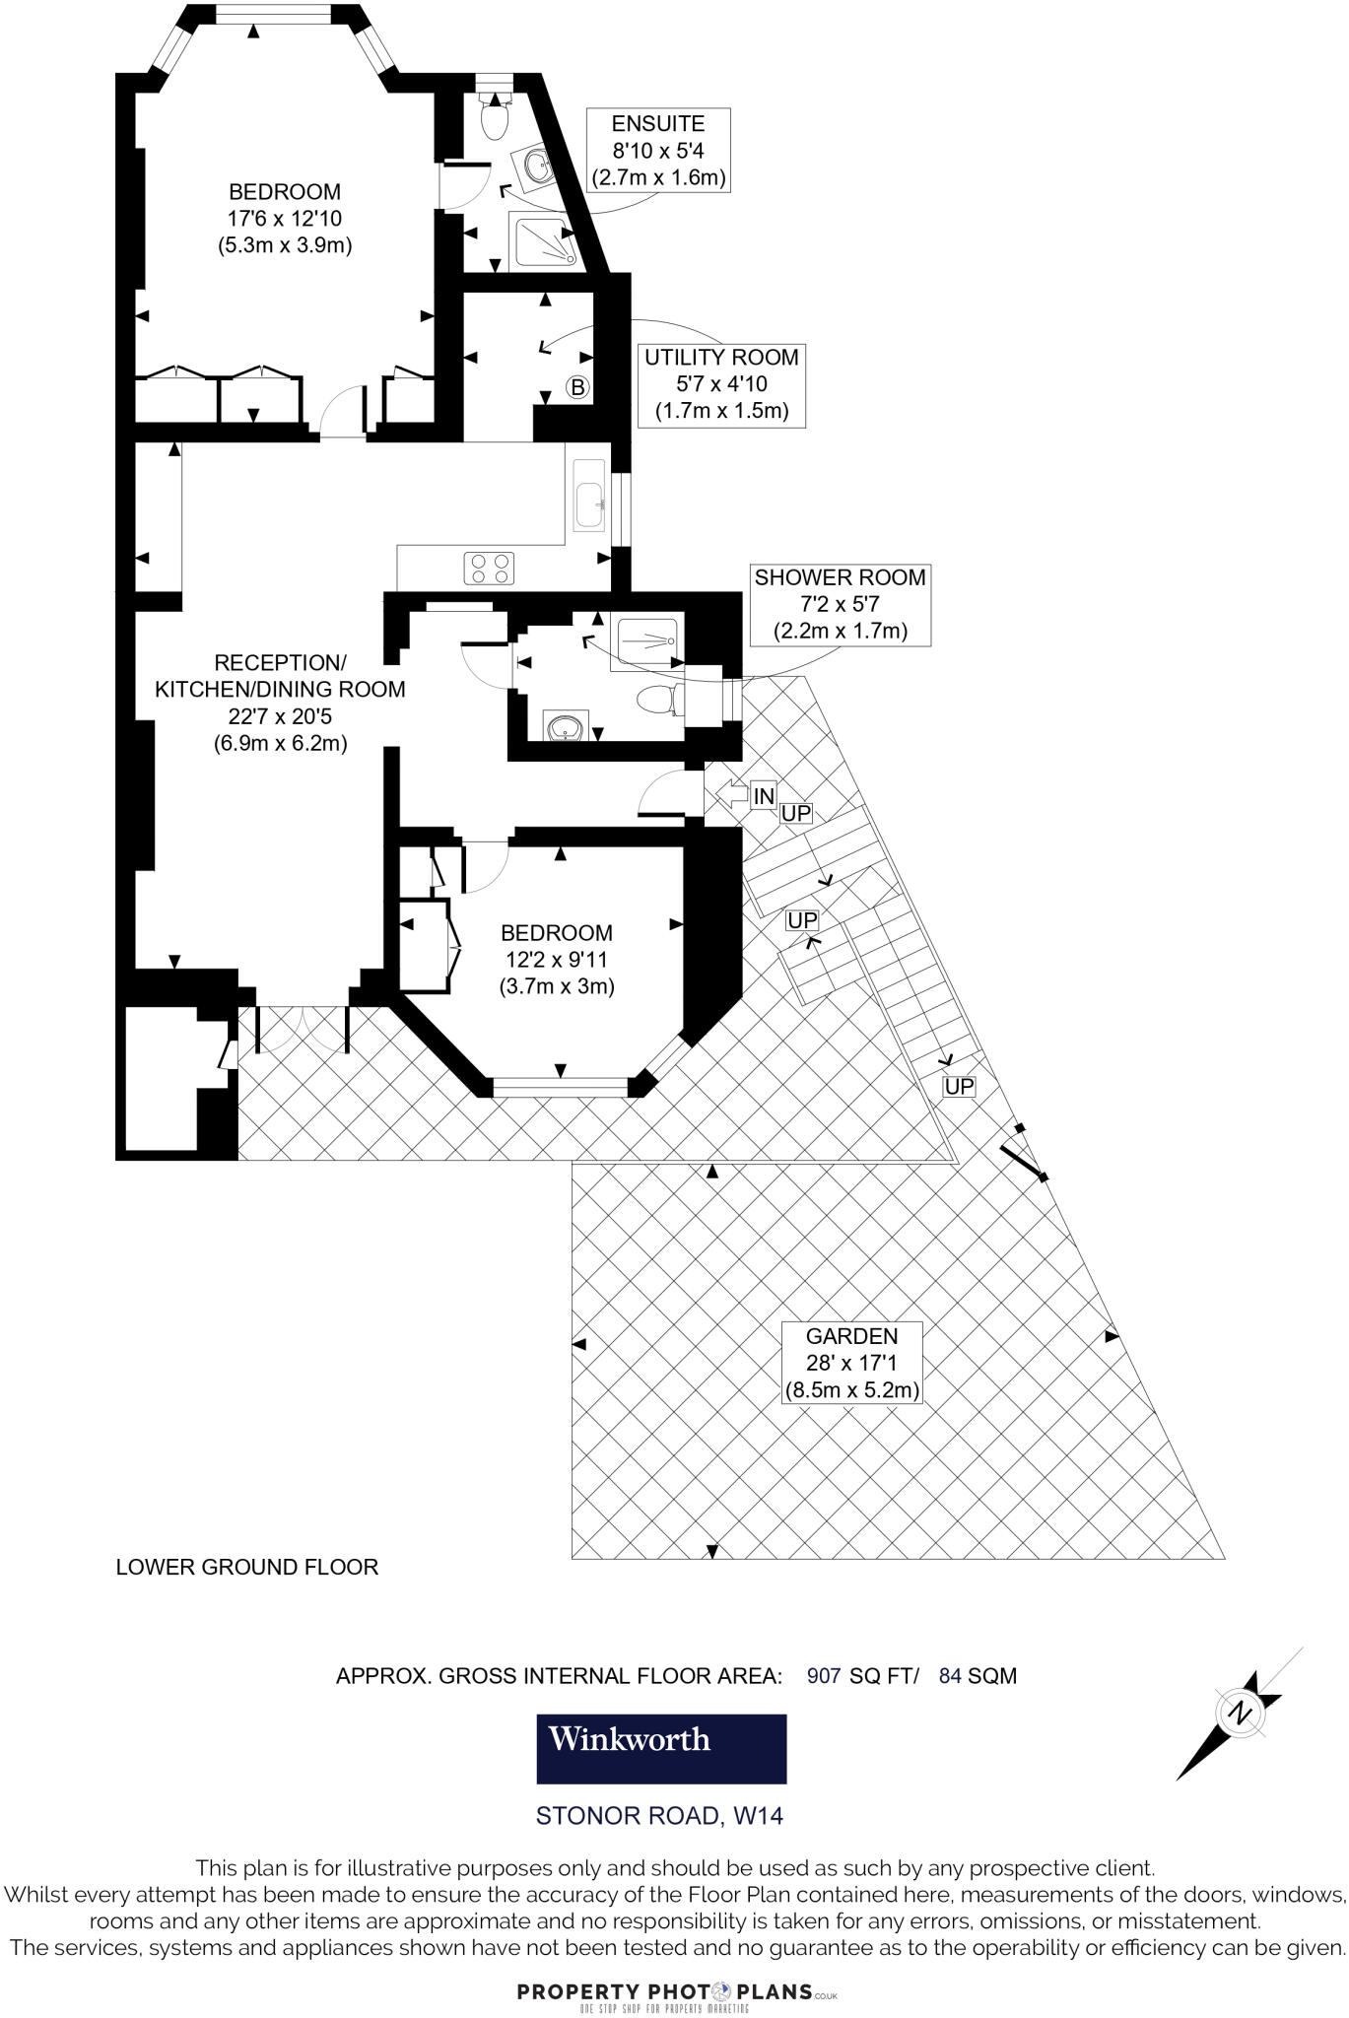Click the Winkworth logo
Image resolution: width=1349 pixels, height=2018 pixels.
tap(660, 1748)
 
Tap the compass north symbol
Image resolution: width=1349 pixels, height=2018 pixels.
tap(1240, 1714)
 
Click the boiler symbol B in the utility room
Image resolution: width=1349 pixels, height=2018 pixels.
tap(578, 387)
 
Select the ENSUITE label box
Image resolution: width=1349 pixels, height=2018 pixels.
tap(658, 151)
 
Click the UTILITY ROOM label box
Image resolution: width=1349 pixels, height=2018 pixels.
tap(720, 384)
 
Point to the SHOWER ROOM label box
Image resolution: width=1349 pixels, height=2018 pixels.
tap(840, 604)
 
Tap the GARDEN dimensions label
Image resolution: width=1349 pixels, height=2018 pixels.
tap(851, 1364)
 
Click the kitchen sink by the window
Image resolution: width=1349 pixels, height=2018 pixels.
tap(589, 496)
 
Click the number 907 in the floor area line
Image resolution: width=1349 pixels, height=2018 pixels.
tap(824, 1675)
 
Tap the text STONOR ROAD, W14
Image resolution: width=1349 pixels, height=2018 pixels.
tap(659, 1815)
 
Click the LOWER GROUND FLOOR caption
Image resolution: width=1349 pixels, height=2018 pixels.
tap(246, 1567)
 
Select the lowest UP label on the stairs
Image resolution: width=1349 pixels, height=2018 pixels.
tap(958, 1087)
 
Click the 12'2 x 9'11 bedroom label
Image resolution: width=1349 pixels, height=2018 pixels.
tap(557, 959)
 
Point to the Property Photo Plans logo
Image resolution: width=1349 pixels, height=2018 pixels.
tap(677, 1992)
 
